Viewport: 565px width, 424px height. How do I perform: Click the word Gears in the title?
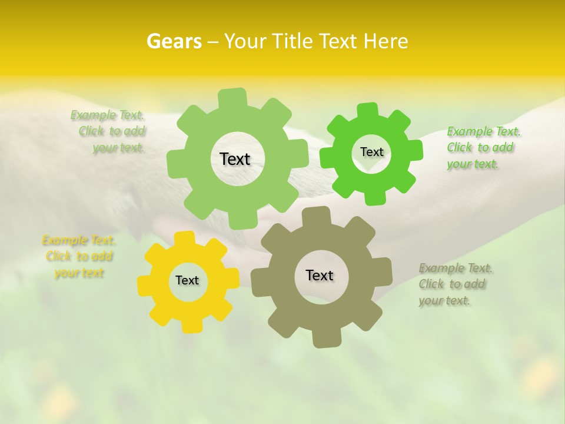[x=174, y=41]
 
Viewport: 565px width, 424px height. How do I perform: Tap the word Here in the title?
[x=385, y=41]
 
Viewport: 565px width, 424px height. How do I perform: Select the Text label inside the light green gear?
[x=235, y=159]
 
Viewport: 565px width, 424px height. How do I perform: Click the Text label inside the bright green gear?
[x=371, y=152]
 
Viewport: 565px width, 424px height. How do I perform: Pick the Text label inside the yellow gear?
[x=187, y=281]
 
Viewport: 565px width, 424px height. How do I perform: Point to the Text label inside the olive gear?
[x=320, y=276]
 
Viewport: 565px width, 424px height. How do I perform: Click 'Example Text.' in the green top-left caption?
[x=107, y=115]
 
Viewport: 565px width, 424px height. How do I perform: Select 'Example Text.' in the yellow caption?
[x=79, y=240]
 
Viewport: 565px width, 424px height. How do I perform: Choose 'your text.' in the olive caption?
[x=444, y=300]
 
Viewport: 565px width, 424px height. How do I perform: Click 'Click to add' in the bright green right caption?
[x=480, y=147]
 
